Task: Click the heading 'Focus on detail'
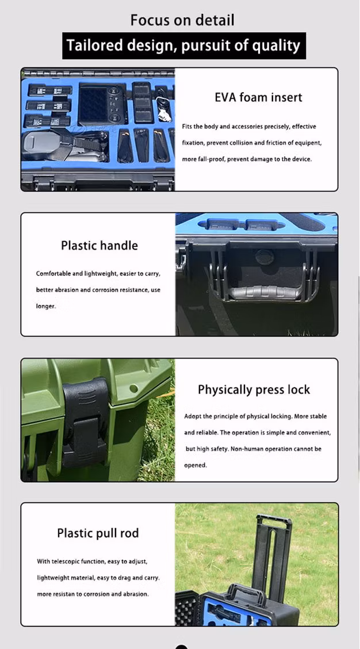[182, 20]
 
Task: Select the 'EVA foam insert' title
[258, 97]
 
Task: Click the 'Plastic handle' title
[99, 246]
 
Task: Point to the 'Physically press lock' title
[254, 390]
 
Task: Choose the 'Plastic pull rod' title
[98, 533]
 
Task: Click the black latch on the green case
[85, 422]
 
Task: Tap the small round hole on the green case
[133, 389]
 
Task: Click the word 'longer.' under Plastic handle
[46, 307]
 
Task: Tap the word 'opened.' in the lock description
[196, 465]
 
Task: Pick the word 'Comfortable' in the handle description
[52, 274]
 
